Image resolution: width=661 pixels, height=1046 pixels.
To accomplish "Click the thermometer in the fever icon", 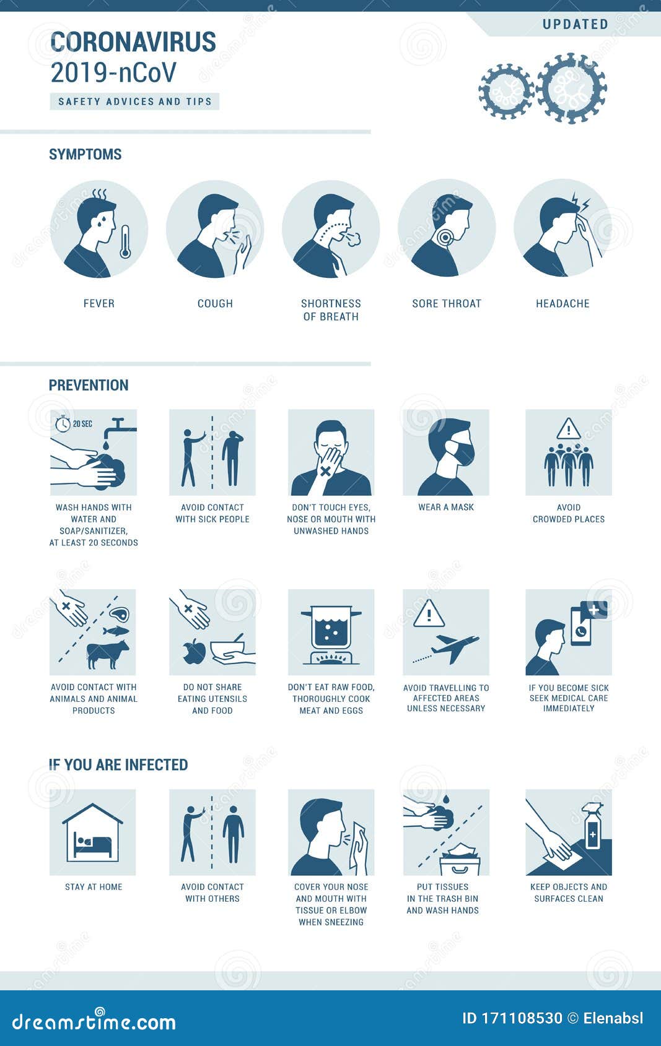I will click(125, 241).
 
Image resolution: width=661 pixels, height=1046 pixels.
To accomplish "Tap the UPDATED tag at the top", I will click(575, 25).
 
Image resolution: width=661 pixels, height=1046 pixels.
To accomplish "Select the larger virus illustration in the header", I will click(571, 88).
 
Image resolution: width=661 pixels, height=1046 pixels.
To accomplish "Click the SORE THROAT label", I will click(447, 303).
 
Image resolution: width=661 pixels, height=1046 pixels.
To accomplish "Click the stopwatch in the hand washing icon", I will click(63, 424).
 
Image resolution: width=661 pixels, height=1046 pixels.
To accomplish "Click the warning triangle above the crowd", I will click(568, 428).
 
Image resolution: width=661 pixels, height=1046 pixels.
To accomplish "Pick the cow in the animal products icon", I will click(107, 654).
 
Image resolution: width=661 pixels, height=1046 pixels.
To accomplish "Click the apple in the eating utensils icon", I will click(195, 651).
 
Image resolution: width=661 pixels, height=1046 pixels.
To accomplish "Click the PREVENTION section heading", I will click(89, 385).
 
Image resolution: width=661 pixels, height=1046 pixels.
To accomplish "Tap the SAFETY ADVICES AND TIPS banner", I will click(134, 102).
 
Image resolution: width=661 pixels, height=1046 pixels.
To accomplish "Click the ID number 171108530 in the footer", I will click(522, 1018).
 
